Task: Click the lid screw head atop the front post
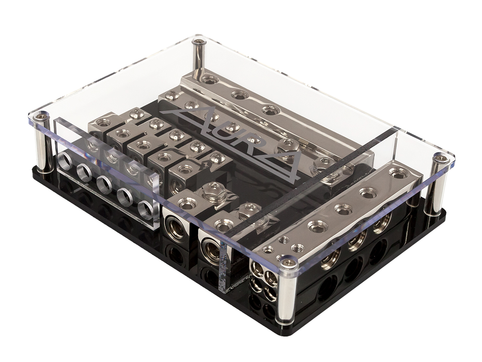(288, 263)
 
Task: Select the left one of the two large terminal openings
(174, 225)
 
